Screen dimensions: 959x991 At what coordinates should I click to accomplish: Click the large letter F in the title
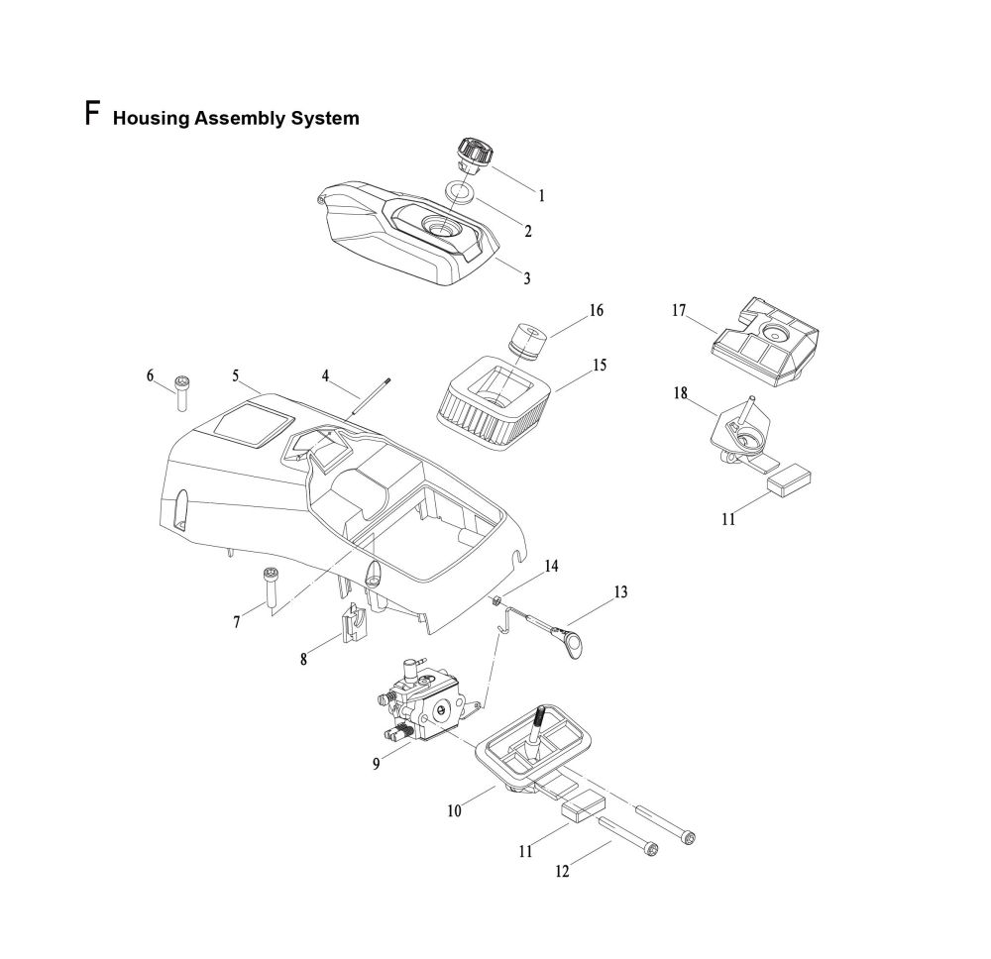[x=92, y=113]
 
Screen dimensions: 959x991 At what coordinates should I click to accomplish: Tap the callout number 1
[x=541, y=196]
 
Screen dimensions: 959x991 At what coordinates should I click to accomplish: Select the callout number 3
[x=526, y=278]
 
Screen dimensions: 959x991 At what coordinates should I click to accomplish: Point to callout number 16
[x=596, y=311]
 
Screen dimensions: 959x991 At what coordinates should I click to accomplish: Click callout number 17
[x=679, y=311]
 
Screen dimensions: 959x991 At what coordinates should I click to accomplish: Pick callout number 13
[x=620, y=592]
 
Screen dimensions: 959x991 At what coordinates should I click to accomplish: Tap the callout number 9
[x=377, y=763]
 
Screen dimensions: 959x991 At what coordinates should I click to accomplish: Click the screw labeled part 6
[x=182, y=393]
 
